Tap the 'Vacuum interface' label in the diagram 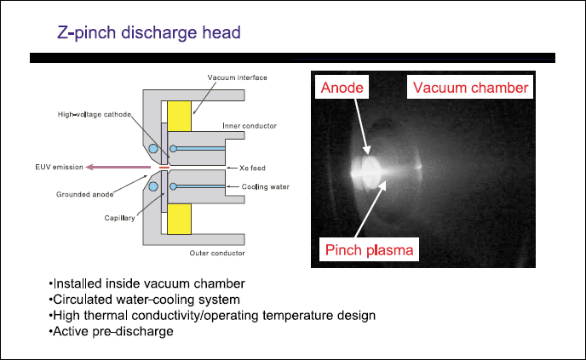coord(237,77)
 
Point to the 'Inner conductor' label coord(249,125)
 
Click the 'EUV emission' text coord(60,166)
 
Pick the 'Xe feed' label coord(253,168)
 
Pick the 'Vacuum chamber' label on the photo coord(469,87)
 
